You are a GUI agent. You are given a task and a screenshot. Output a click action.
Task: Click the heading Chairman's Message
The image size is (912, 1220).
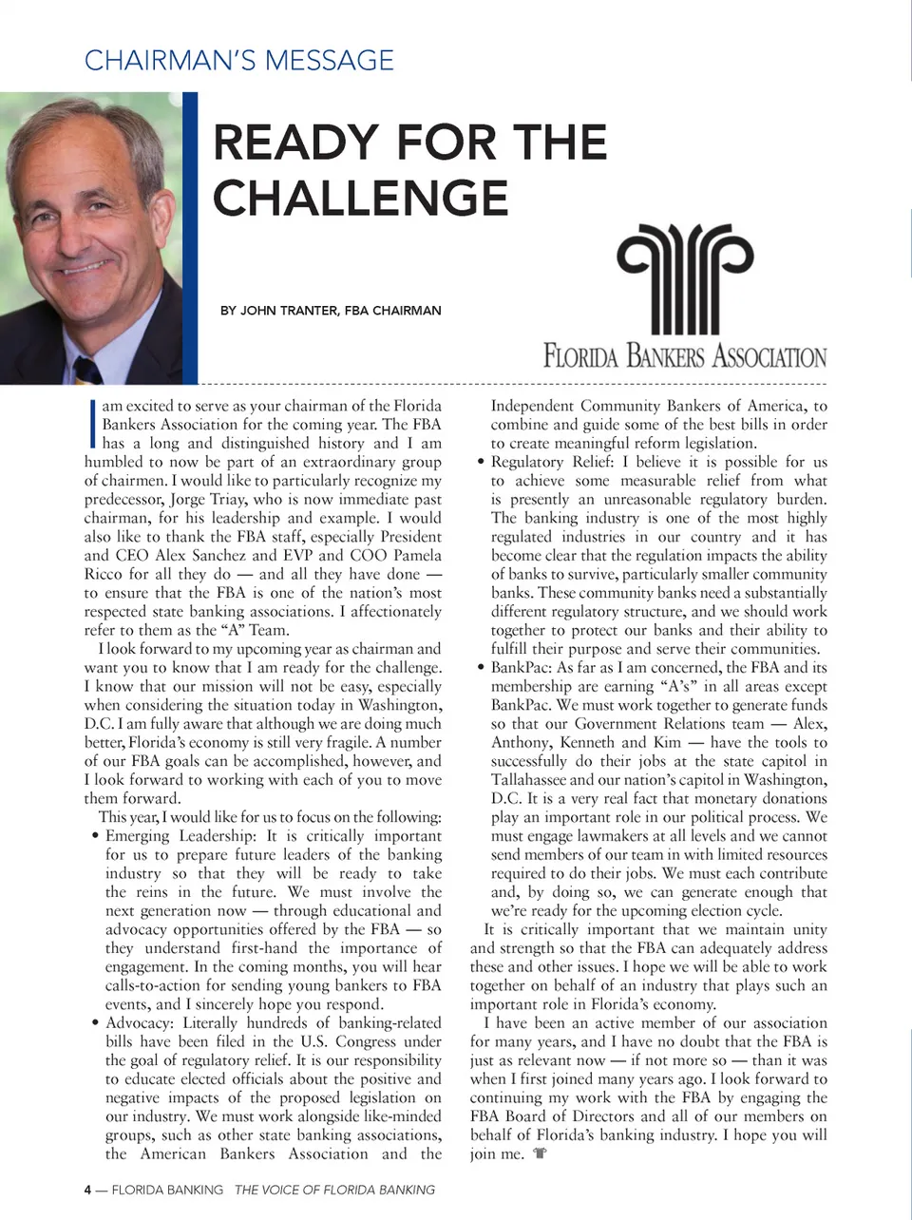pos(238,60)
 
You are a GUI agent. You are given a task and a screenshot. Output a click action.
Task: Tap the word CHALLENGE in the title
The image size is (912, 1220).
pos(360,198)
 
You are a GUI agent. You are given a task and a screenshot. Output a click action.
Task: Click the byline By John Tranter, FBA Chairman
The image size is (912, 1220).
pos(331,310)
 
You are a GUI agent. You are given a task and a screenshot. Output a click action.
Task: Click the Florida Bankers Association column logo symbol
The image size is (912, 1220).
pos(685,277)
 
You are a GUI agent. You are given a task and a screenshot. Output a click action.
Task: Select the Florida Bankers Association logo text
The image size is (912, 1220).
pos(685,357)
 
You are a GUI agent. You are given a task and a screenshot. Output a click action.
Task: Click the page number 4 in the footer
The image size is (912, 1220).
pos(87,1190)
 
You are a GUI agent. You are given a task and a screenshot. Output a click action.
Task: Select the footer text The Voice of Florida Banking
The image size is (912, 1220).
pos(334,1190)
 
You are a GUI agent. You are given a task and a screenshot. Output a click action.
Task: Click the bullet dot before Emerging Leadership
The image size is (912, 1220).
pos(95,836)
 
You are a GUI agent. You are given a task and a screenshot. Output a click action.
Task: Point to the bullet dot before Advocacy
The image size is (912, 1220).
pos(95,1023)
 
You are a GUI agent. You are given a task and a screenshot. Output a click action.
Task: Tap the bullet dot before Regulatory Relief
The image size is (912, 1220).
pos(481,462)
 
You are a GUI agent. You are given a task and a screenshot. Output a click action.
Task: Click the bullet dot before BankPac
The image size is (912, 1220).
pos(481,668)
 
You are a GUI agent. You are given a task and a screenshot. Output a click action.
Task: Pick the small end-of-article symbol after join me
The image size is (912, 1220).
pos(541,1153)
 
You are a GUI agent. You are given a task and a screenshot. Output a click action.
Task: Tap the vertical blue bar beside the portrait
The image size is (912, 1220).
pos(190,238)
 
